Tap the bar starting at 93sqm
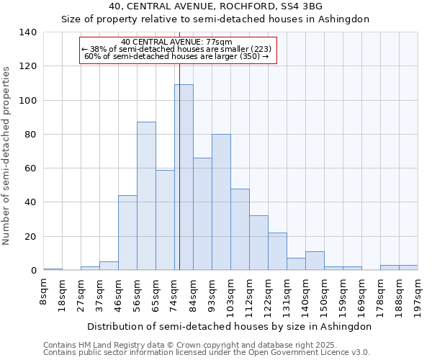[221, 202]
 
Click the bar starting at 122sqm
[277, 251]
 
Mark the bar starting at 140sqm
[315, 261]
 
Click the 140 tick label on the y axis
[28, 32]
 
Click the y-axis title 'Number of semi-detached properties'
[7, 155]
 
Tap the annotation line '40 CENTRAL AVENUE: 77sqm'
[177, 42]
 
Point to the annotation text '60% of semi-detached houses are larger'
[177, 56]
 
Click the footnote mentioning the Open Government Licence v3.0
[207, 352]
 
